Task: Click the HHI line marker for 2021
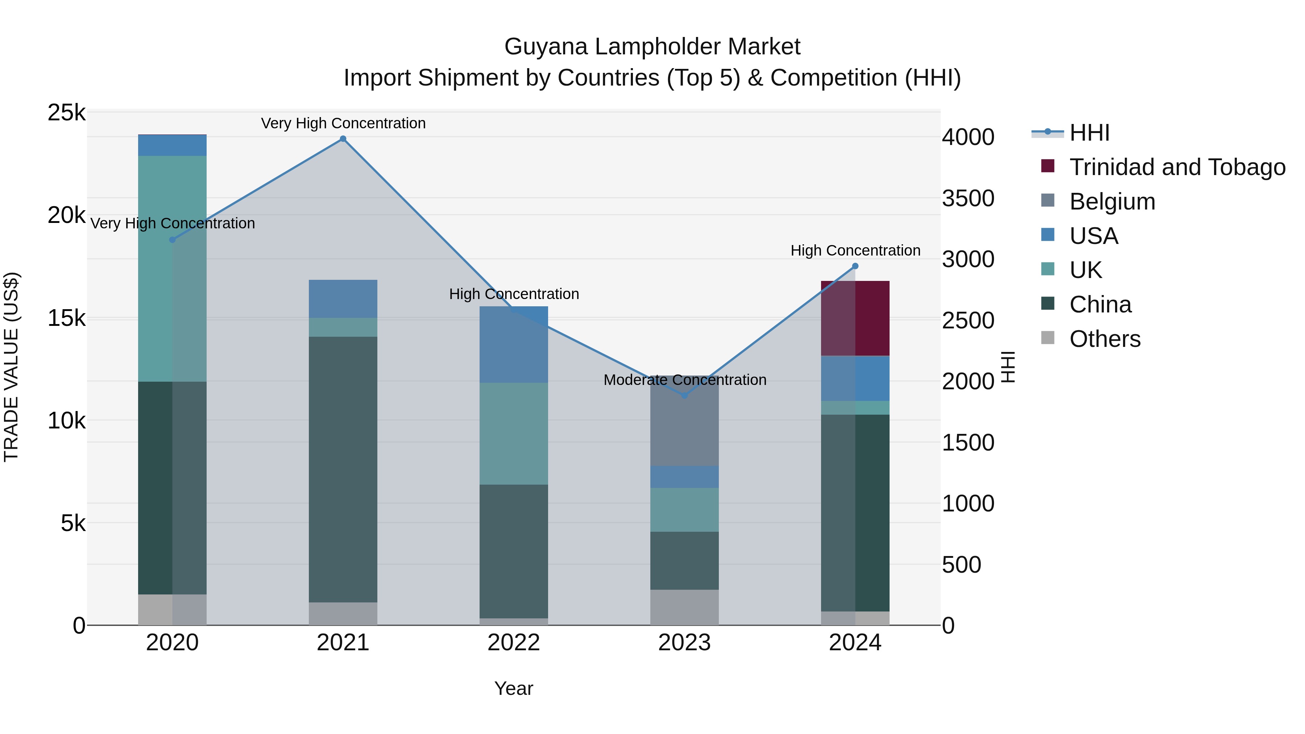pos(343,139)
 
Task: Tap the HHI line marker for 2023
pos(684,395)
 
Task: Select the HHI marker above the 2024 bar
pos(855,266)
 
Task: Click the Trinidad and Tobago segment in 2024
pos(855,318)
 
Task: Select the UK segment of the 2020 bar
pos(172,269)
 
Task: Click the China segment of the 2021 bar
pos(343,469)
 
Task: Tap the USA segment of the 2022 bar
pos(514,344)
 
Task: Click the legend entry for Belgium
pos(1112,202)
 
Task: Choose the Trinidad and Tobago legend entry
pos(1177,167)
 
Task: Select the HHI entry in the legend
pos(1089,133)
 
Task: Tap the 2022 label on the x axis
pos(514,642)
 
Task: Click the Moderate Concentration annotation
pos(684,380)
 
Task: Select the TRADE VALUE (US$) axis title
pos(11,367)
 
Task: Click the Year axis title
pos(514,688)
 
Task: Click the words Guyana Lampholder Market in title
pos(652,47)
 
